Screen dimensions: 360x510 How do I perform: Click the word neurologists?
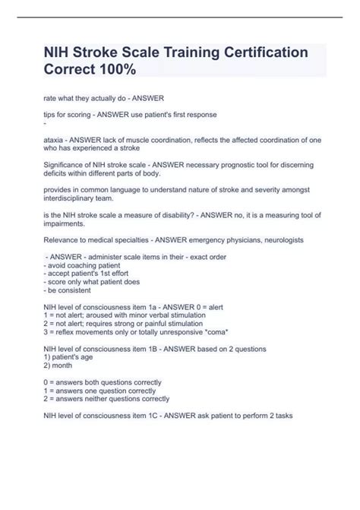(x=278, y=239)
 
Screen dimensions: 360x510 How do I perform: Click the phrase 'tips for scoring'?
(x=70, y=114)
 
